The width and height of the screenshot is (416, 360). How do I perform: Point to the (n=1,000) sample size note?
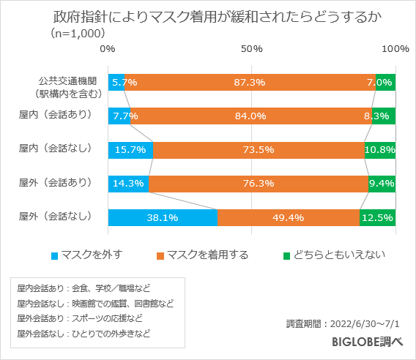[78, 34]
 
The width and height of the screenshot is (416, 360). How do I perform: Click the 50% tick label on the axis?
[252, 49]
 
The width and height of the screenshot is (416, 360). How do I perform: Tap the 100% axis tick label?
[395, 49]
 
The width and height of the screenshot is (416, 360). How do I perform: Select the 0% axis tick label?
[108, 49]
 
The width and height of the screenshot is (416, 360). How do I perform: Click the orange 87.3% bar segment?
[250, 82]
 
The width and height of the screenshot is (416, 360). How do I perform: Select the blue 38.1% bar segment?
[163, 217]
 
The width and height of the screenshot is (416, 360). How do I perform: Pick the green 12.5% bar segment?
[378, 217]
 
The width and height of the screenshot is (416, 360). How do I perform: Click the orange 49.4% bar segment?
[289, 217]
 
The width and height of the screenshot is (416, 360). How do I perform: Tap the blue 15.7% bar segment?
[130, 150]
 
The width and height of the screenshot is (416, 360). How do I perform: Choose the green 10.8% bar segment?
[380, 150]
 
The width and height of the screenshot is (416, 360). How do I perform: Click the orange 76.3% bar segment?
[259, 184]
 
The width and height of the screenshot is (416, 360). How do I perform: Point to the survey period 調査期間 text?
[347, 323]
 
